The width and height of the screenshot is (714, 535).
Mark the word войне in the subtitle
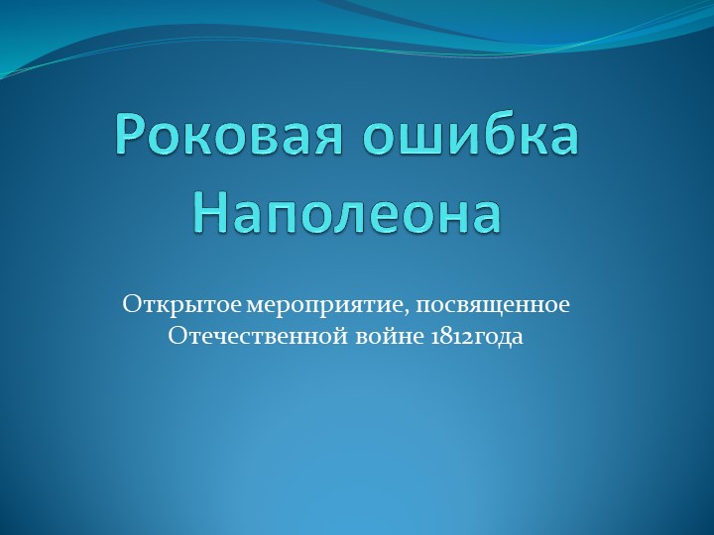tap(375, 337)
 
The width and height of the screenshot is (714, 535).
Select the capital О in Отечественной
tap(178, 337)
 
